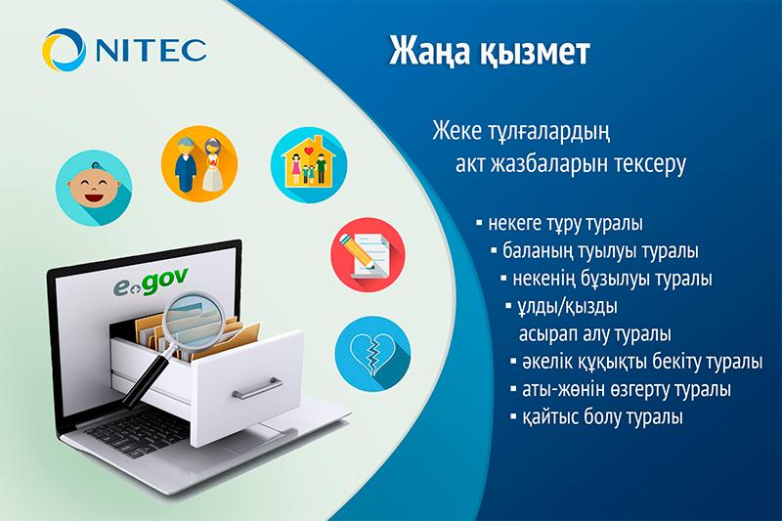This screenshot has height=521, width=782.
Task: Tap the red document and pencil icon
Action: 362,250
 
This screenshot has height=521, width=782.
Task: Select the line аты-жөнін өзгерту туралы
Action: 624,389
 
